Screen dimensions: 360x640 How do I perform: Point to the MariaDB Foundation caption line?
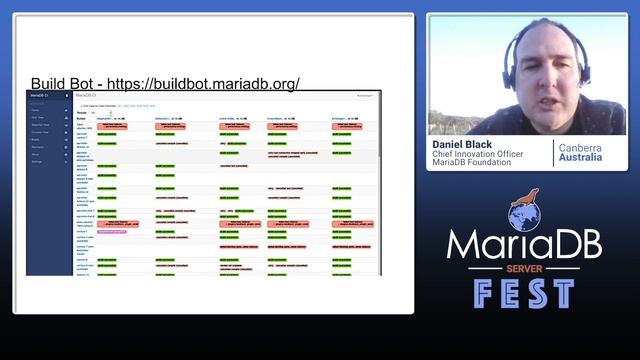472,162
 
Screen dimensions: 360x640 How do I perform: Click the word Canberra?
580,147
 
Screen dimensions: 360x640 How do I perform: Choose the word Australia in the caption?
580,159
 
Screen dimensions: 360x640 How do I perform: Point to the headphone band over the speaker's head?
540,24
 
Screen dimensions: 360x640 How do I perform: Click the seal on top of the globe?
526,197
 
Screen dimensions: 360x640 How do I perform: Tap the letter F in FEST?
484,294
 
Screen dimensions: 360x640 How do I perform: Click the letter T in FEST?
563,294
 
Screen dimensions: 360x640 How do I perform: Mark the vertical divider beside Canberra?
552,153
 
